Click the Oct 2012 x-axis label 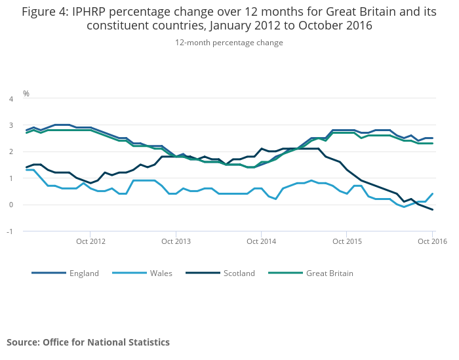point(91,241)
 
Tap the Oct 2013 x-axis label point(176,241)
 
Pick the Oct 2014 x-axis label point(262,241)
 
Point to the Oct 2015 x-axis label point(348,241)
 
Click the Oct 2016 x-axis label point(432,241)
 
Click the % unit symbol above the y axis point(26,93)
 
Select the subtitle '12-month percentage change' point(229,43)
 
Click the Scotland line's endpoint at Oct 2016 point(433,210)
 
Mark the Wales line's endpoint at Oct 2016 point(433,193)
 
